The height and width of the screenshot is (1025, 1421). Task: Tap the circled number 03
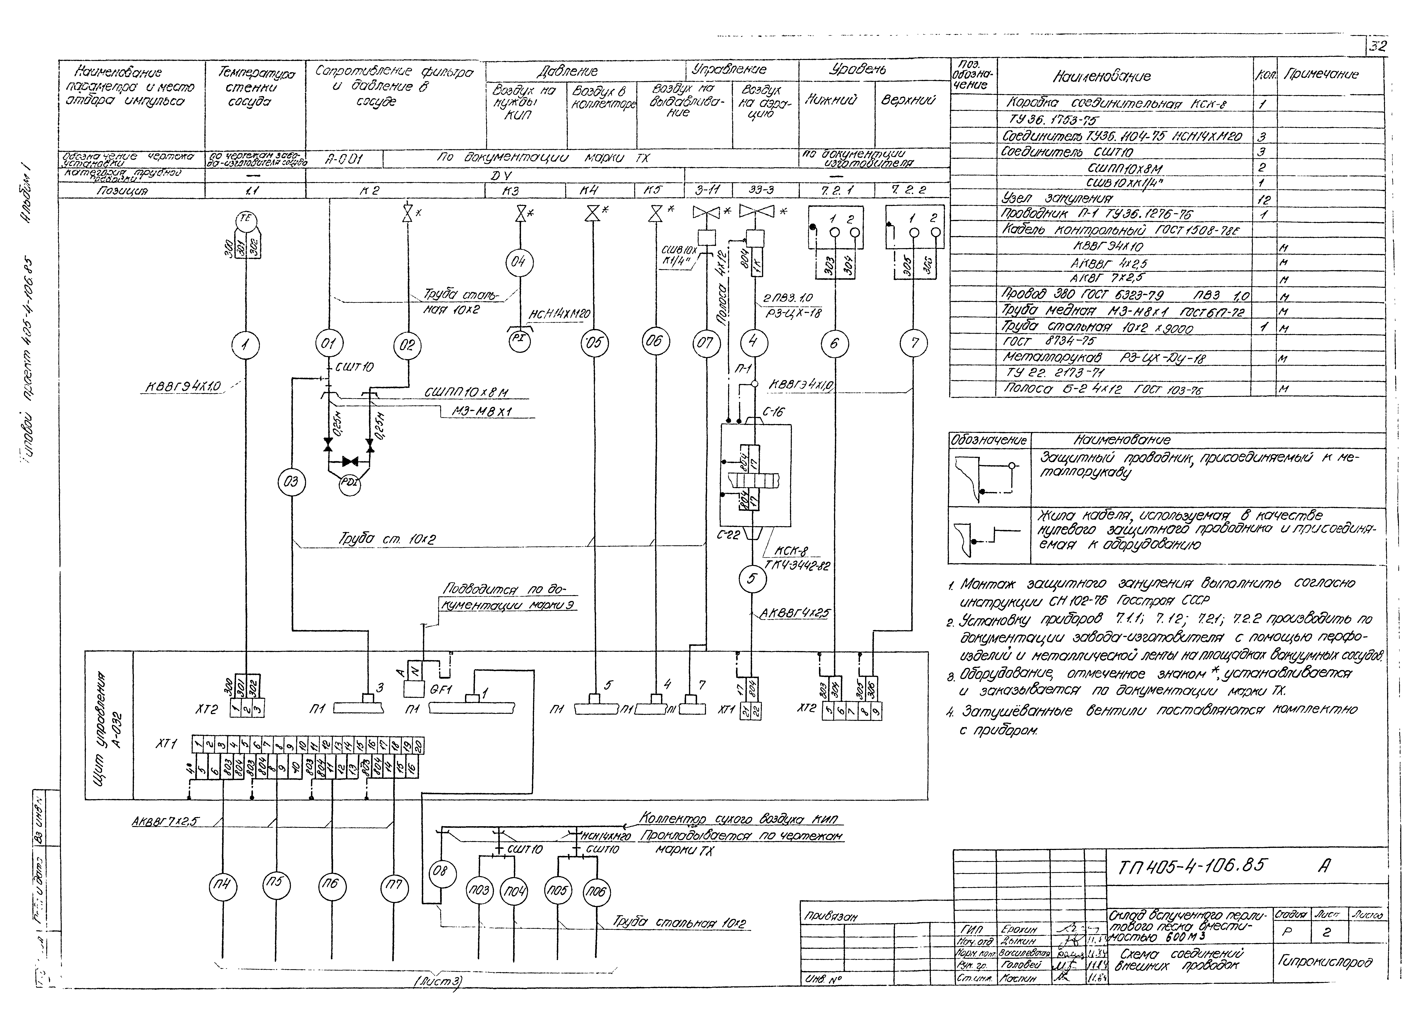click(291, 482)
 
